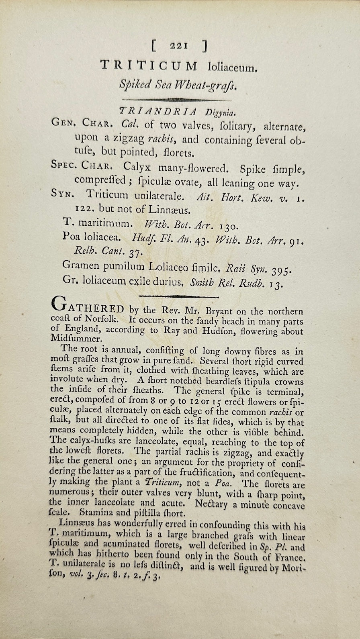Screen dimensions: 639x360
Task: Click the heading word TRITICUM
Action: coord(149,65)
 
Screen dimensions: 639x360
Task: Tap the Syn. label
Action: coord(62,194)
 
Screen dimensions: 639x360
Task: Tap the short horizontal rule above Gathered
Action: coord(178,296)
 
